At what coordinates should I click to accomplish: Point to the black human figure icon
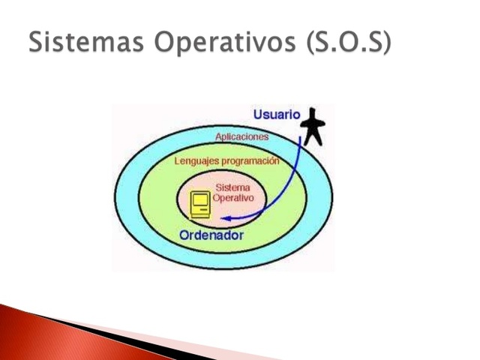(x=313, y=127)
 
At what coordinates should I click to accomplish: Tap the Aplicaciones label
(x=241, y=137)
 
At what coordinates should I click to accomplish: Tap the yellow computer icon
(x=199, y=205)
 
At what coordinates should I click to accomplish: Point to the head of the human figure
(x=313, y=115)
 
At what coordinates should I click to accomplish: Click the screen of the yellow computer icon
(x=199, y=200)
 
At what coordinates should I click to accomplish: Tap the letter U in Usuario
(x=258, y=115)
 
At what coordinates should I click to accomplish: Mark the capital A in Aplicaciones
(x=218, y=137)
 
